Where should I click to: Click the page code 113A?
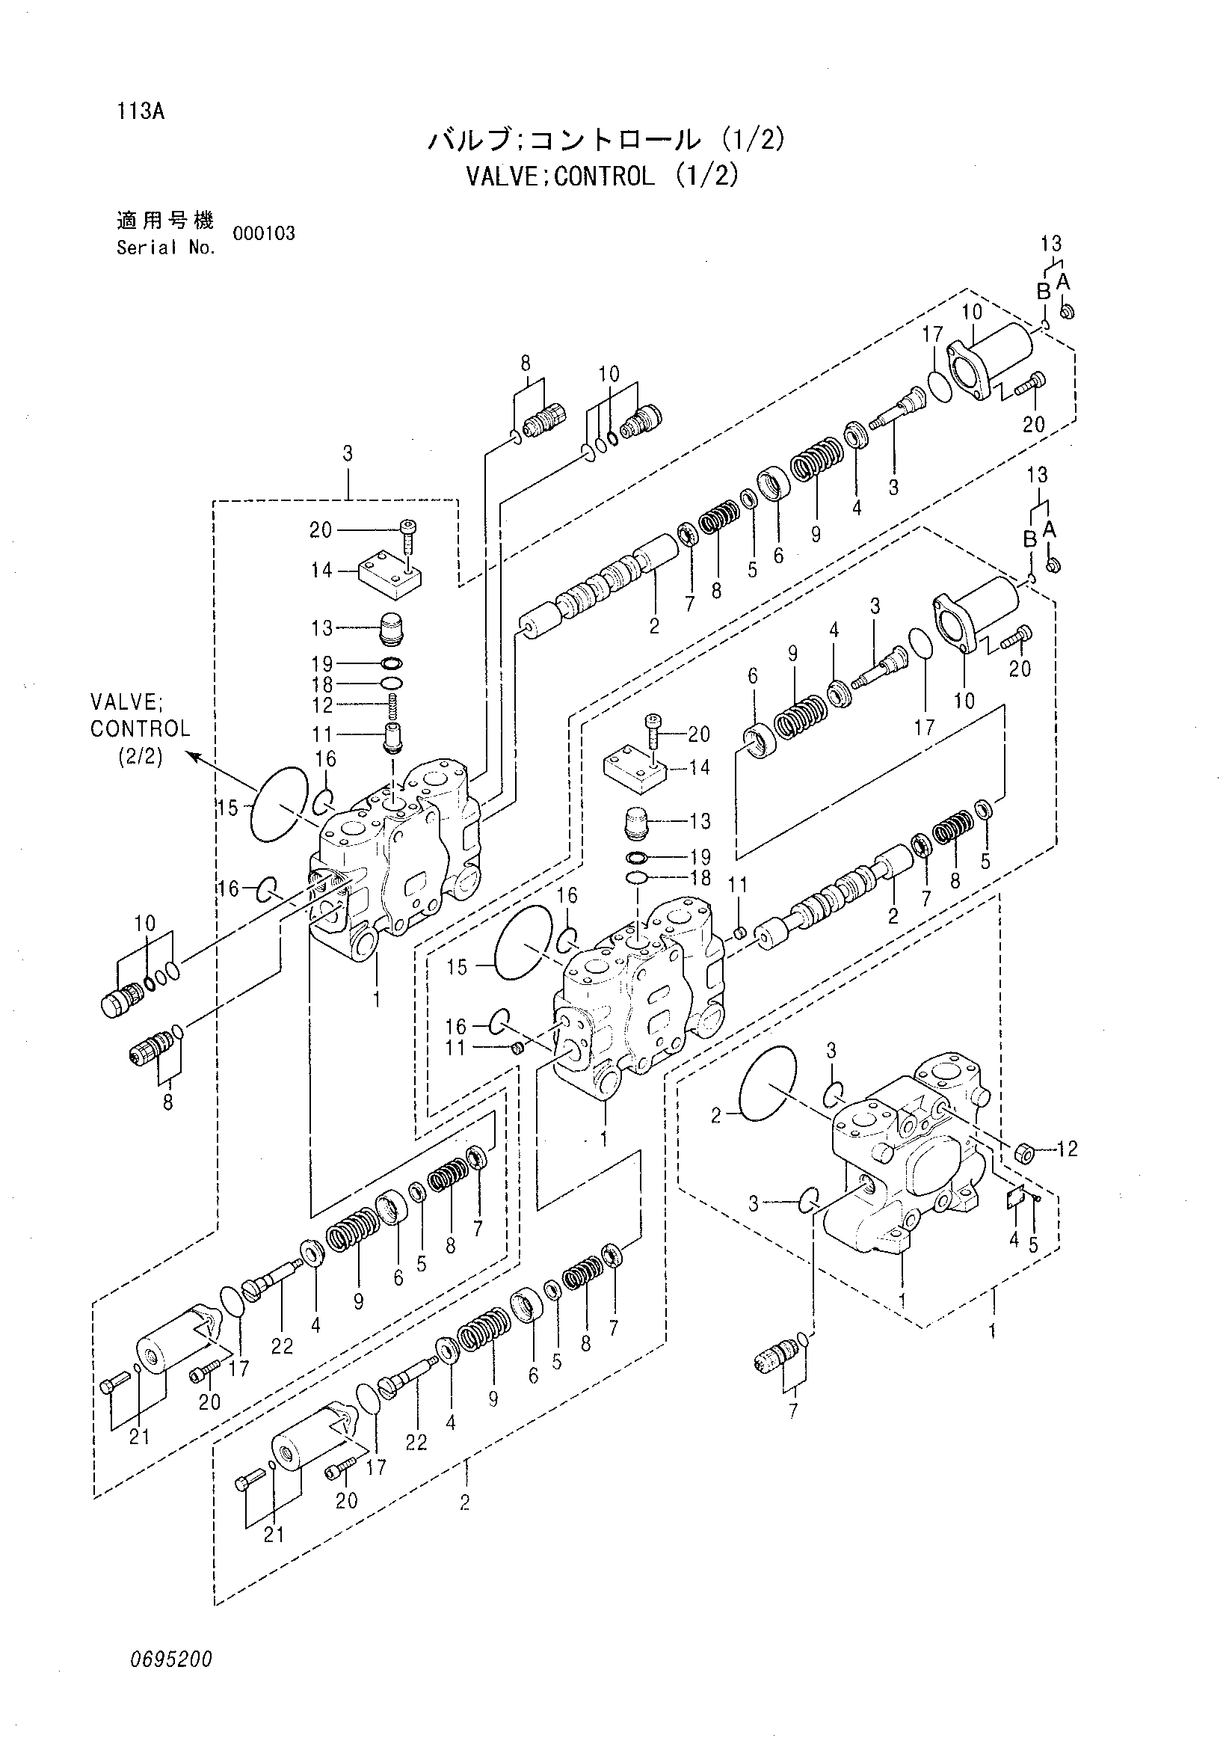click(141, 112)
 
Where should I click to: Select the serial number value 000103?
click(264, 233)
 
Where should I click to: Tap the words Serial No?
click(166, 248)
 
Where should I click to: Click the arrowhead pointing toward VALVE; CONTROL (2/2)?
click(194, 756)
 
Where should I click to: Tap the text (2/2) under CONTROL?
click(140, 758)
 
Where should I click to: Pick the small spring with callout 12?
click(393, 705)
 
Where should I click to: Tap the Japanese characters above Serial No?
click(165, 221)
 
